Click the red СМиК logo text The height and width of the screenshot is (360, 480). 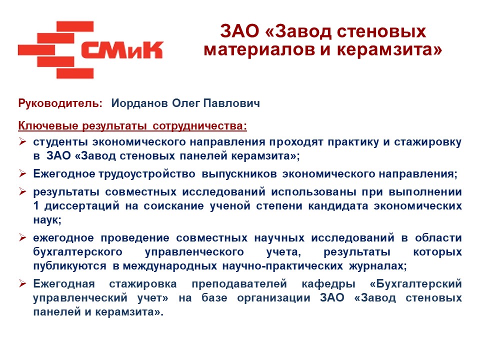(122, 49)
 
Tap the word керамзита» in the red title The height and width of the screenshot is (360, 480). (389, 49)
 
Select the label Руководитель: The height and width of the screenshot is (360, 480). (60, 103)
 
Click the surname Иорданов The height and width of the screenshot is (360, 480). (139, 103)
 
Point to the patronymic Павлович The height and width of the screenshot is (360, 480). (231, 103)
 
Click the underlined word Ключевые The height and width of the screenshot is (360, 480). (48, 125)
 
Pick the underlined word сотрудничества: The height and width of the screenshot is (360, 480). (199, 126)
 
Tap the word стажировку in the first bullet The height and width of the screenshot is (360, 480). (427, 142)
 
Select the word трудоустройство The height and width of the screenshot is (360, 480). (147, 174)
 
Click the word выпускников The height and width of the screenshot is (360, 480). (239, 174)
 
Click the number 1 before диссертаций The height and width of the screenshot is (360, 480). (36, 205)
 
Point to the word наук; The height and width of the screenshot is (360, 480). (47, 220)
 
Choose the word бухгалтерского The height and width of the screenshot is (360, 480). (78, 252)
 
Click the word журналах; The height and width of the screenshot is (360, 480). (378, 266)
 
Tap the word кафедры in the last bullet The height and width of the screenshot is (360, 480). (328, 284)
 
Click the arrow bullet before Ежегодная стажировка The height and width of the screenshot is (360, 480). (22, 283)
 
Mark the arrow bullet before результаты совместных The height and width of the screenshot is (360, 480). (22, 191)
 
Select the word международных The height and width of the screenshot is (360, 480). (170, 266)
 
